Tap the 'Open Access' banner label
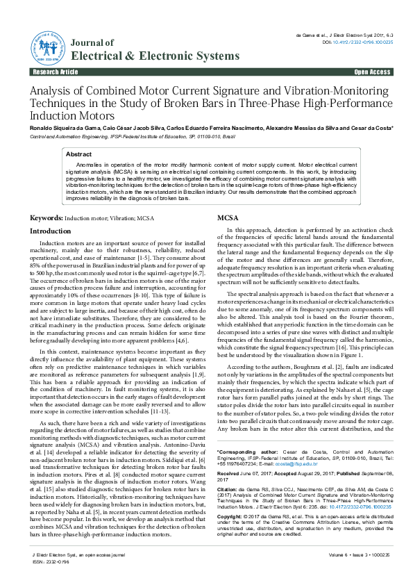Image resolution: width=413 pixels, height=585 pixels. tap(372, 72)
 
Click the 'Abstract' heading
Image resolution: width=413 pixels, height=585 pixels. tap(78, 154)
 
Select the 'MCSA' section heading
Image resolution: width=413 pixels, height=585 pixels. tap(228, 218)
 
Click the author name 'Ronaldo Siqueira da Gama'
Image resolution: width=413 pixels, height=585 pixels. tap(68, 129)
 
